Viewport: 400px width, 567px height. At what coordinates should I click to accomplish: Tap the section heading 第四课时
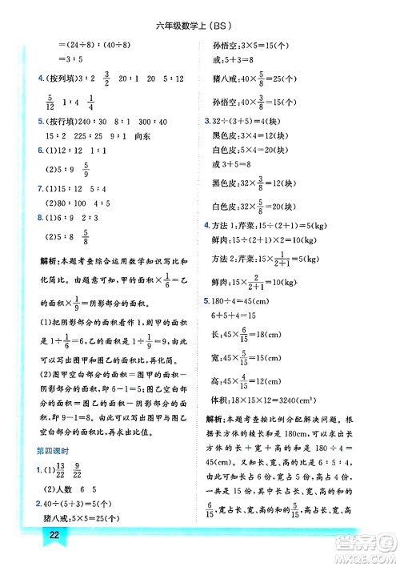point(54,449)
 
